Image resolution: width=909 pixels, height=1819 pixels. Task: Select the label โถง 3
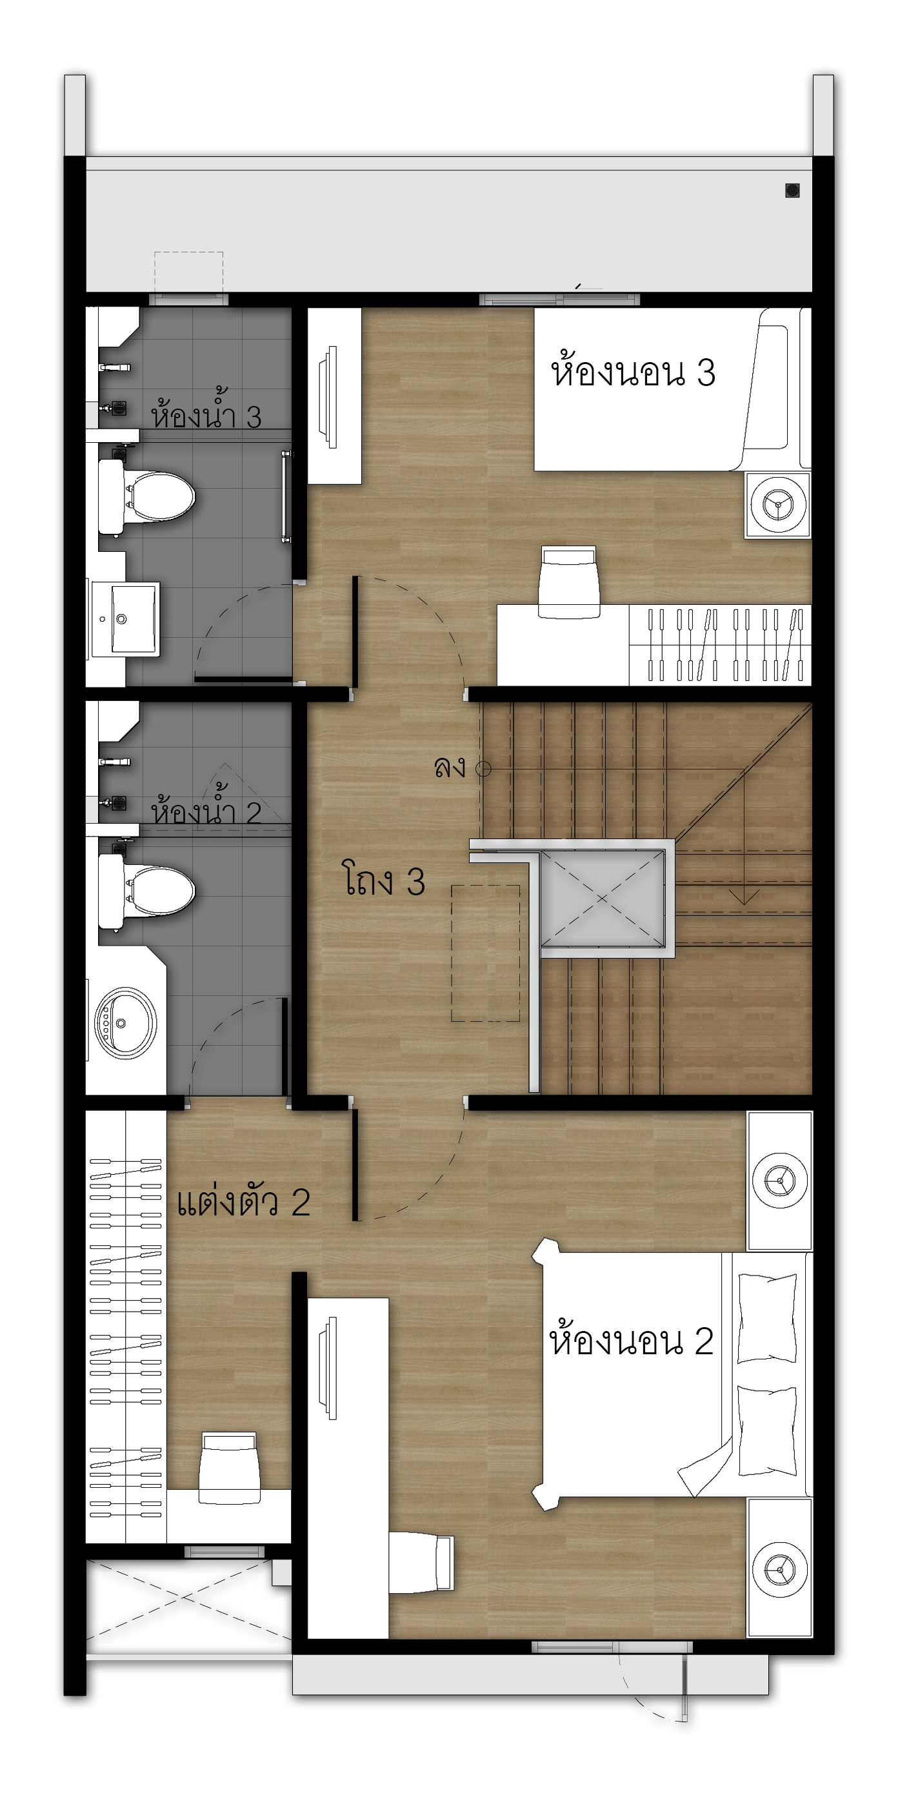(x=385, y=880)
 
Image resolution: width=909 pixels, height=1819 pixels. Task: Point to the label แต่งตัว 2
(x=243, y=1201)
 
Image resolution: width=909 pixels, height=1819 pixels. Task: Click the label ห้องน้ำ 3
(x=206, y=409)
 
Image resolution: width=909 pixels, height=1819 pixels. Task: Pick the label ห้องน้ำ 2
(x=206, y=806)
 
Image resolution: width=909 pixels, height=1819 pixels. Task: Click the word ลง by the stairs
(x=450, y=767)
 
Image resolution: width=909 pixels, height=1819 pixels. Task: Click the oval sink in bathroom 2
(x=126, y=1023)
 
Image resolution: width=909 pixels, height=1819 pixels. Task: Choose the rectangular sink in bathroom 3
(x=126, y=619)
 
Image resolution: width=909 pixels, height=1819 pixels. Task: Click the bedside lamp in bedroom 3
(x=779, y=504)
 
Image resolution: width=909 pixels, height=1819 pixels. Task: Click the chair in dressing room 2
(x=230, y=1468)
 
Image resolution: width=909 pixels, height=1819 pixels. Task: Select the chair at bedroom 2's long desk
(x=421, y=1563)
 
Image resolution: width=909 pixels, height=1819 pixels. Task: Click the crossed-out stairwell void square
(x=602, y=898)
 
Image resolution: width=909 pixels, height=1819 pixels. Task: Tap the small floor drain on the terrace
(x=792, y=190)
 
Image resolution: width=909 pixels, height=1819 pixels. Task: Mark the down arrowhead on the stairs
(x=743, y=897)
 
